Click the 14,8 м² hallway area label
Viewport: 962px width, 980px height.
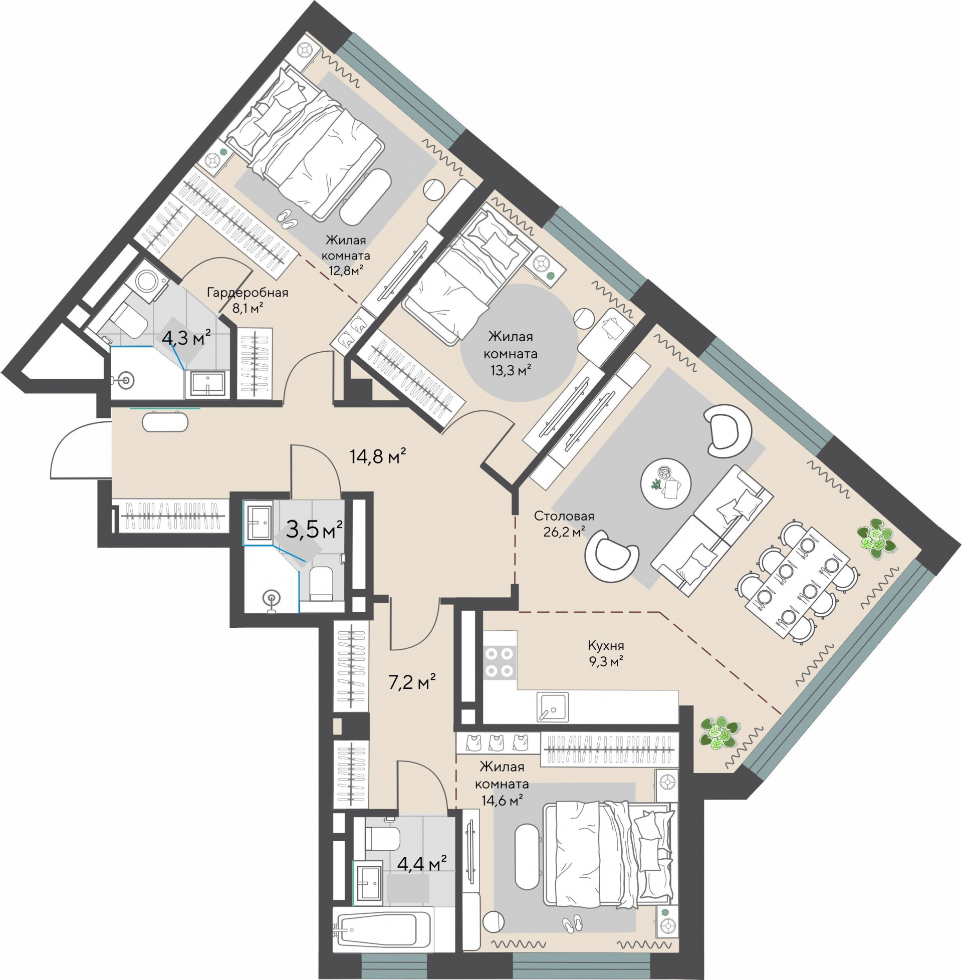coord(378,456)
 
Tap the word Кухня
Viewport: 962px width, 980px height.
coord(606,646)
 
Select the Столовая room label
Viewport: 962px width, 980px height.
coord(564,516)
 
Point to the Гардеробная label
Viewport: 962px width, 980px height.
coord(248,293)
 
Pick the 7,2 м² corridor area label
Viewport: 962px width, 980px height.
coord(412,682)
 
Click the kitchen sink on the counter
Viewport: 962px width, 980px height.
coord(552,706)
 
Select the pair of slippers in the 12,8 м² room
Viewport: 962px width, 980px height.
coord(288,218)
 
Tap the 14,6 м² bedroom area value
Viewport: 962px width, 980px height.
coord(502,800)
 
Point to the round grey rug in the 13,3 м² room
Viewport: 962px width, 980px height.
coord(519,343)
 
